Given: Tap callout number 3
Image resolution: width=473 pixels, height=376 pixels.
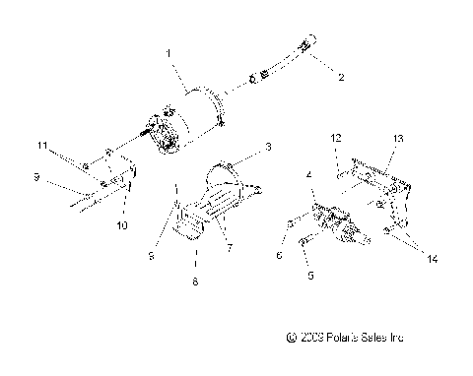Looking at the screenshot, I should tap(267, 147).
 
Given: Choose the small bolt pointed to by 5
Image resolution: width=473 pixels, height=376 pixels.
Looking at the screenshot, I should tap(301, 238).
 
